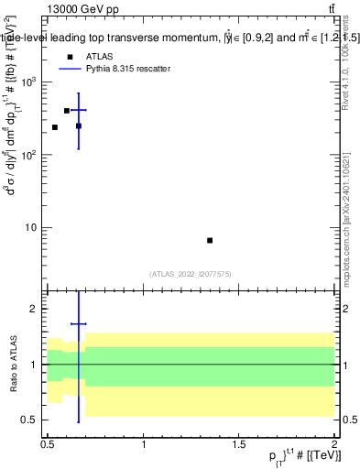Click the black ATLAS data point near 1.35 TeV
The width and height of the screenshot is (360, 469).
(x=210, y=240)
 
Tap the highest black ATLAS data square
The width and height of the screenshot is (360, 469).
(x=67, y=111)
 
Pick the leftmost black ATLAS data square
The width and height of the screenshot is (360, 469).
(x=55, y=127)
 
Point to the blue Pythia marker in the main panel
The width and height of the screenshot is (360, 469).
(x=79, y=110)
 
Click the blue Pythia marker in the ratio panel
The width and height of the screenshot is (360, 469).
(x=79, y=323)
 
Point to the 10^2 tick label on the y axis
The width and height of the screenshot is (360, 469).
(x=31, y=155)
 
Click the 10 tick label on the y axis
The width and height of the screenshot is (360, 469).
(x=34, y=227)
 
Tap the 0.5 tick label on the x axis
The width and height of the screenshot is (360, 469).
(x=48, y=444)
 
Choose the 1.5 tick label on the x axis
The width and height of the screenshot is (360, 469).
(x=239, y=444)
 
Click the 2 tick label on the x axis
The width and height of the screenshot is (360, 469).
(x=335, y=444)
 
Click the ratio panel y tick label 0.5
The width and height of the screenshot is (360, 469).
(x=31, y=420)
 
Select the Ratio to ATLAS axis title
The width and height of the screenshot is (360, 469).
(x=12, y=365)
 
